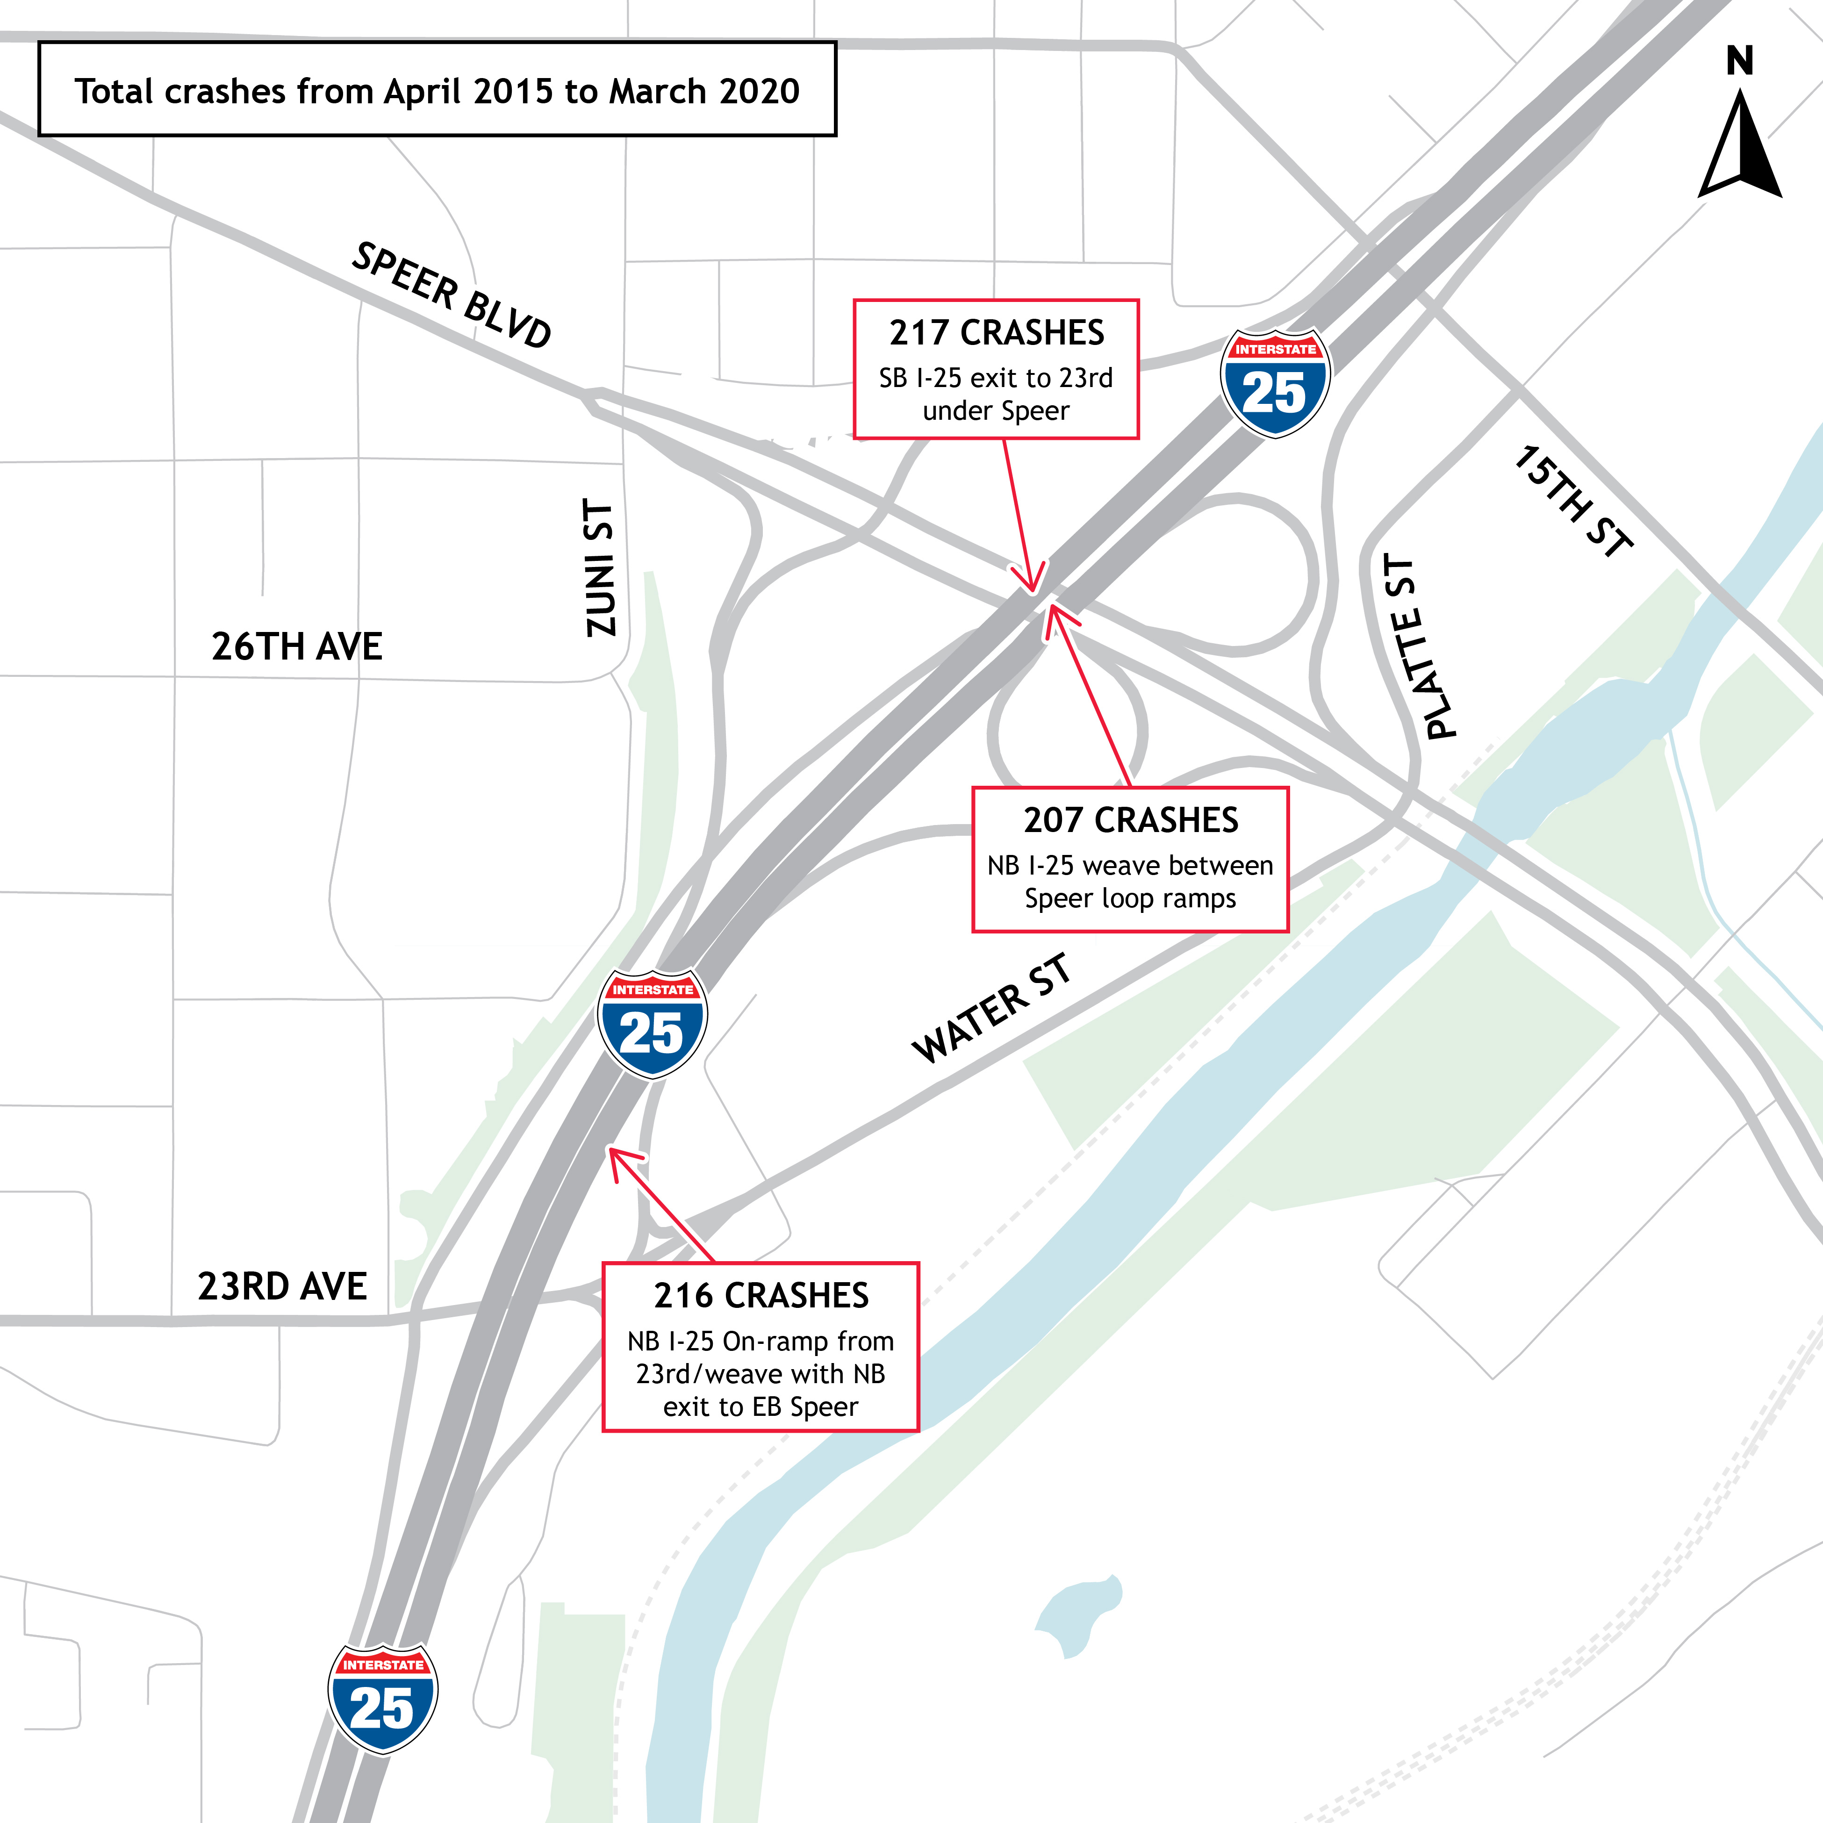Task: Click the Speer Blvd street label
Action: click(451, 295)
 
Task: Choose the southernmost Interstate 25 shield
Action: click(382, 1699)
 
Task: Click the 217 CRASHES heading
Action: click(997, 333)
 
